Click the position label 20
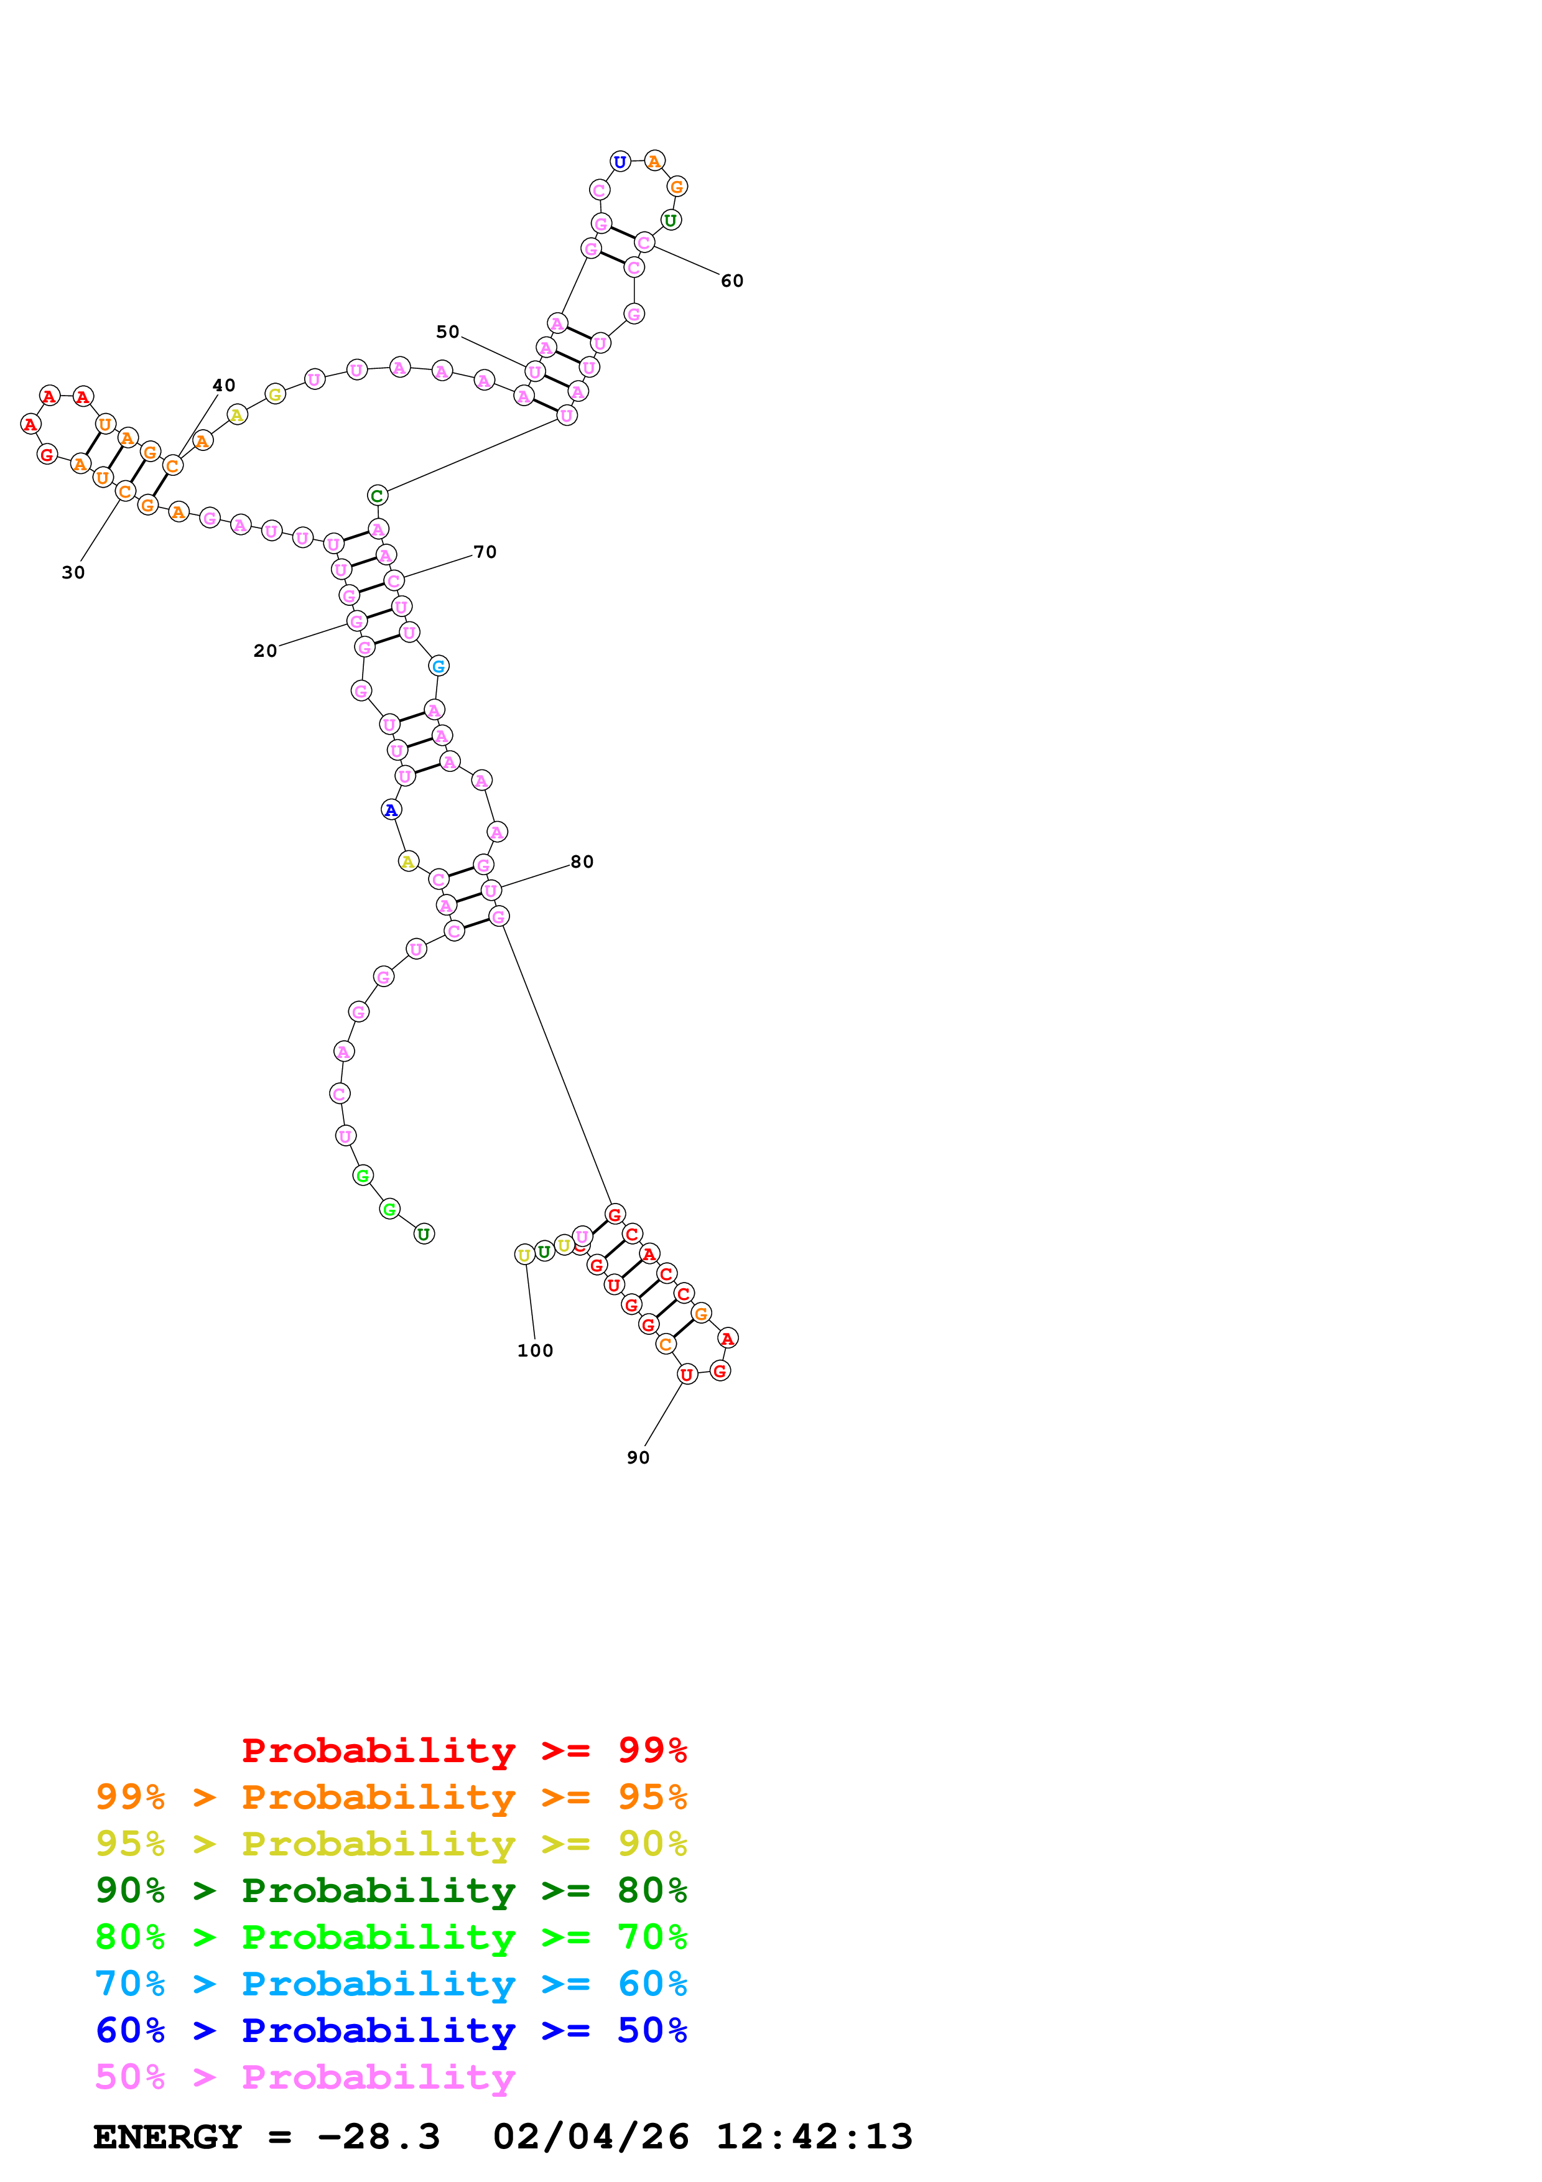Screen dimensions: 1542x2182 265,651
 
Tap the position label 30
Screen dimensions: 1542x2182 73,573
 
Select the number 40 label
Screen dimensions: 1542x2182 223,385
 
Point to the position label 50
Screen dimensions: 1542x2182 447,332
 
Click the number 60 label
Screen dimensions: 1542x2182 732,281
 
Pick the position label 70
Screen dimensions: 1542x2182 485,552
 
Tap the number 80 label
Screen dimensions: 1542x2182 582,862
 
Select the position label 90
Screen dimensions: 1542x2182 638,1458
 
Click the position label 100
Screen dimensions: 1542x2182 535,1350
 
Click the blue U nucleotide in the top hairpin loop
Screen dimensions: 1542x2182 620,162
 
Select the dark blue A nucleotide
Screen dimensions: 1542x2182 391,810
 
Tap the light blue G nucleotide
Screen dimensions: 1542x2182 438,666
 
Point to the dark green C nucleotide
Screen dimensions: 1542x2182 377,495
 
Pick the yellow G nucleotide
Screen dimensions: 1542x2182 274,394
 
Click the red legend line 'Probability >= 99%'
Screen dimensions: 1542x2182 463,1750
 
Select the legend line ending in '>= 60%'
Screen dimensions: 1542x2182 391,1984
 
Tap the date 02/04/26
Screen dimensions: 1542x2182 590,2137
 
